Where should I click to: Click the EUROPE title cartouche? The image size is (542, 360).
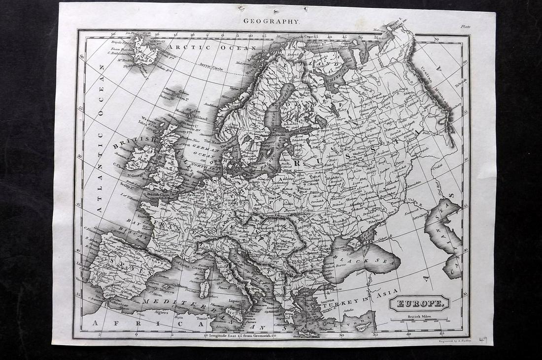419,303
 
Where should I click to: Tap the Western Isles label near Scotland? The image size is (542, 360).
148,119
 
